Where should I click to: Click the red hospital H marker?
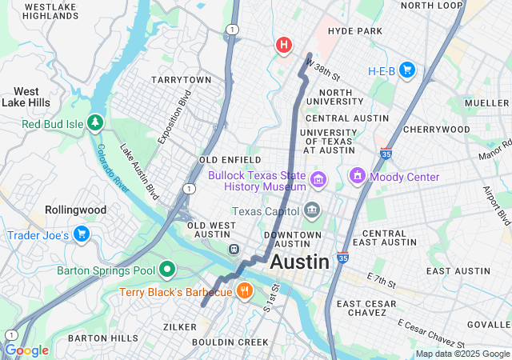pyautogui.click(x=283, y=45)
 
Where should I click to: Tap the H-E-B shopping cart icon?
pyautogui.click(x=406, y=70)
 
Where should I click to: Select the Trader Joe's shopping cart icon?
pyautogui.click(x=81, y=234)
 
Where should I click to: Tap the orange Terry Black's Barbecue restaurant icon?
pyautogui.click(x=245, y=291)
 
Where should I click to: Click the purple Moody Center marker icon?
pyautogui.click(x=357, y=175)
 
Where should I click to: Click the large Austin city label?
pyautogui.click(x=299, y=262)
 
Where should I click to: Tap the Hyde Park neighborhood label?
pyautogui.click(x=355, y=31)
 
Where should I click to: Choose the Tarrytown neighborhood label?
pyautogui.click(x=182, y=80)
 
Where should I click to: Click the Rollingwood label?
pyautogui.click(x=50, y=210)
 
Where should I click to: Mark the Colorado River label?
pyautogui.click(x=114, y=169)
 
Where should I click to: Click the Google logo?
pyautogui.click(x=26, y=350)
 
